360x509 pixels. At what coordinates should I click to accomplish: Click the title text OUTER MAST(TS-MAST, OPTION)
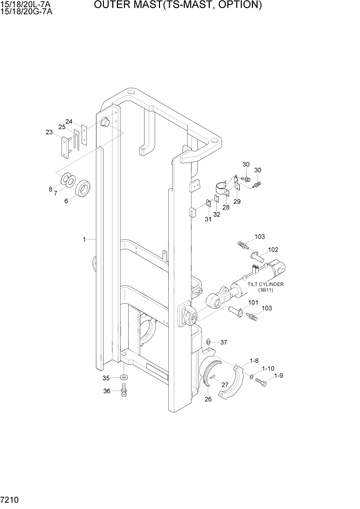[x=178, y=6]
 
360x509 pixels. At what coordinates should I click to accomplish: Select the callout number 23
[x=49, y=132]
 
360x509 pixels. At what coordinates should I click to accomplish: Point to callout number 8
[x=51, y=189]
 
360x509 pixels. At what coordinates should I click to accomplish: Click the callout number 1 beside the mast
[x=83, y=239]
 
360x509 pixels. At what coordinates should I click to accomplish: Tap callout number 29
[x=237, y=202]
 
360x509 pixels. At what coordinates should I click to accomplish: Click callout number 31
[x=208, y=220]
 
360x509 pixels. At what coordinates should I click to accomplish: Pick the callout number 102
[x=273, y=250]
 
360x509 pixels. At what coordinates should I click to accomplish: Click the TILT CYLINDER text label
[x=266, y=284]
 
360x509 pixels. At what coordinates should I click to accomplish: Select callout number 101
[x=253, y=303]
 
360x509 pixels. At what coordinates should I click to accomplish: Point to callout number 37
[x=224, y=342]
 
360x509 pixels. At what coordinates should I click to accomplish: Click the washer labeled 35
[x=124, y=378]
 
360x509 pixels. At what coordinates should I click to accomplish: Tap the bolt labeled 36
[x=124, y=393]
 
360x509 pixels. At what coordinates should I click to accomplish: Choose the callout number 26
[x=208, y=400]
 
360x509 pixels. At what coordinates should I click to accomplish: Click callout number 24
[x=69, y=122]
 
